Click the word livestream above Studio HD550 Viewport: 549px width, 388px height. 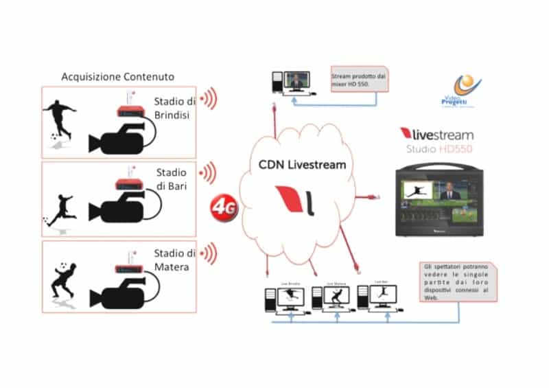pyautogui.click(x=441, y=135)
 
